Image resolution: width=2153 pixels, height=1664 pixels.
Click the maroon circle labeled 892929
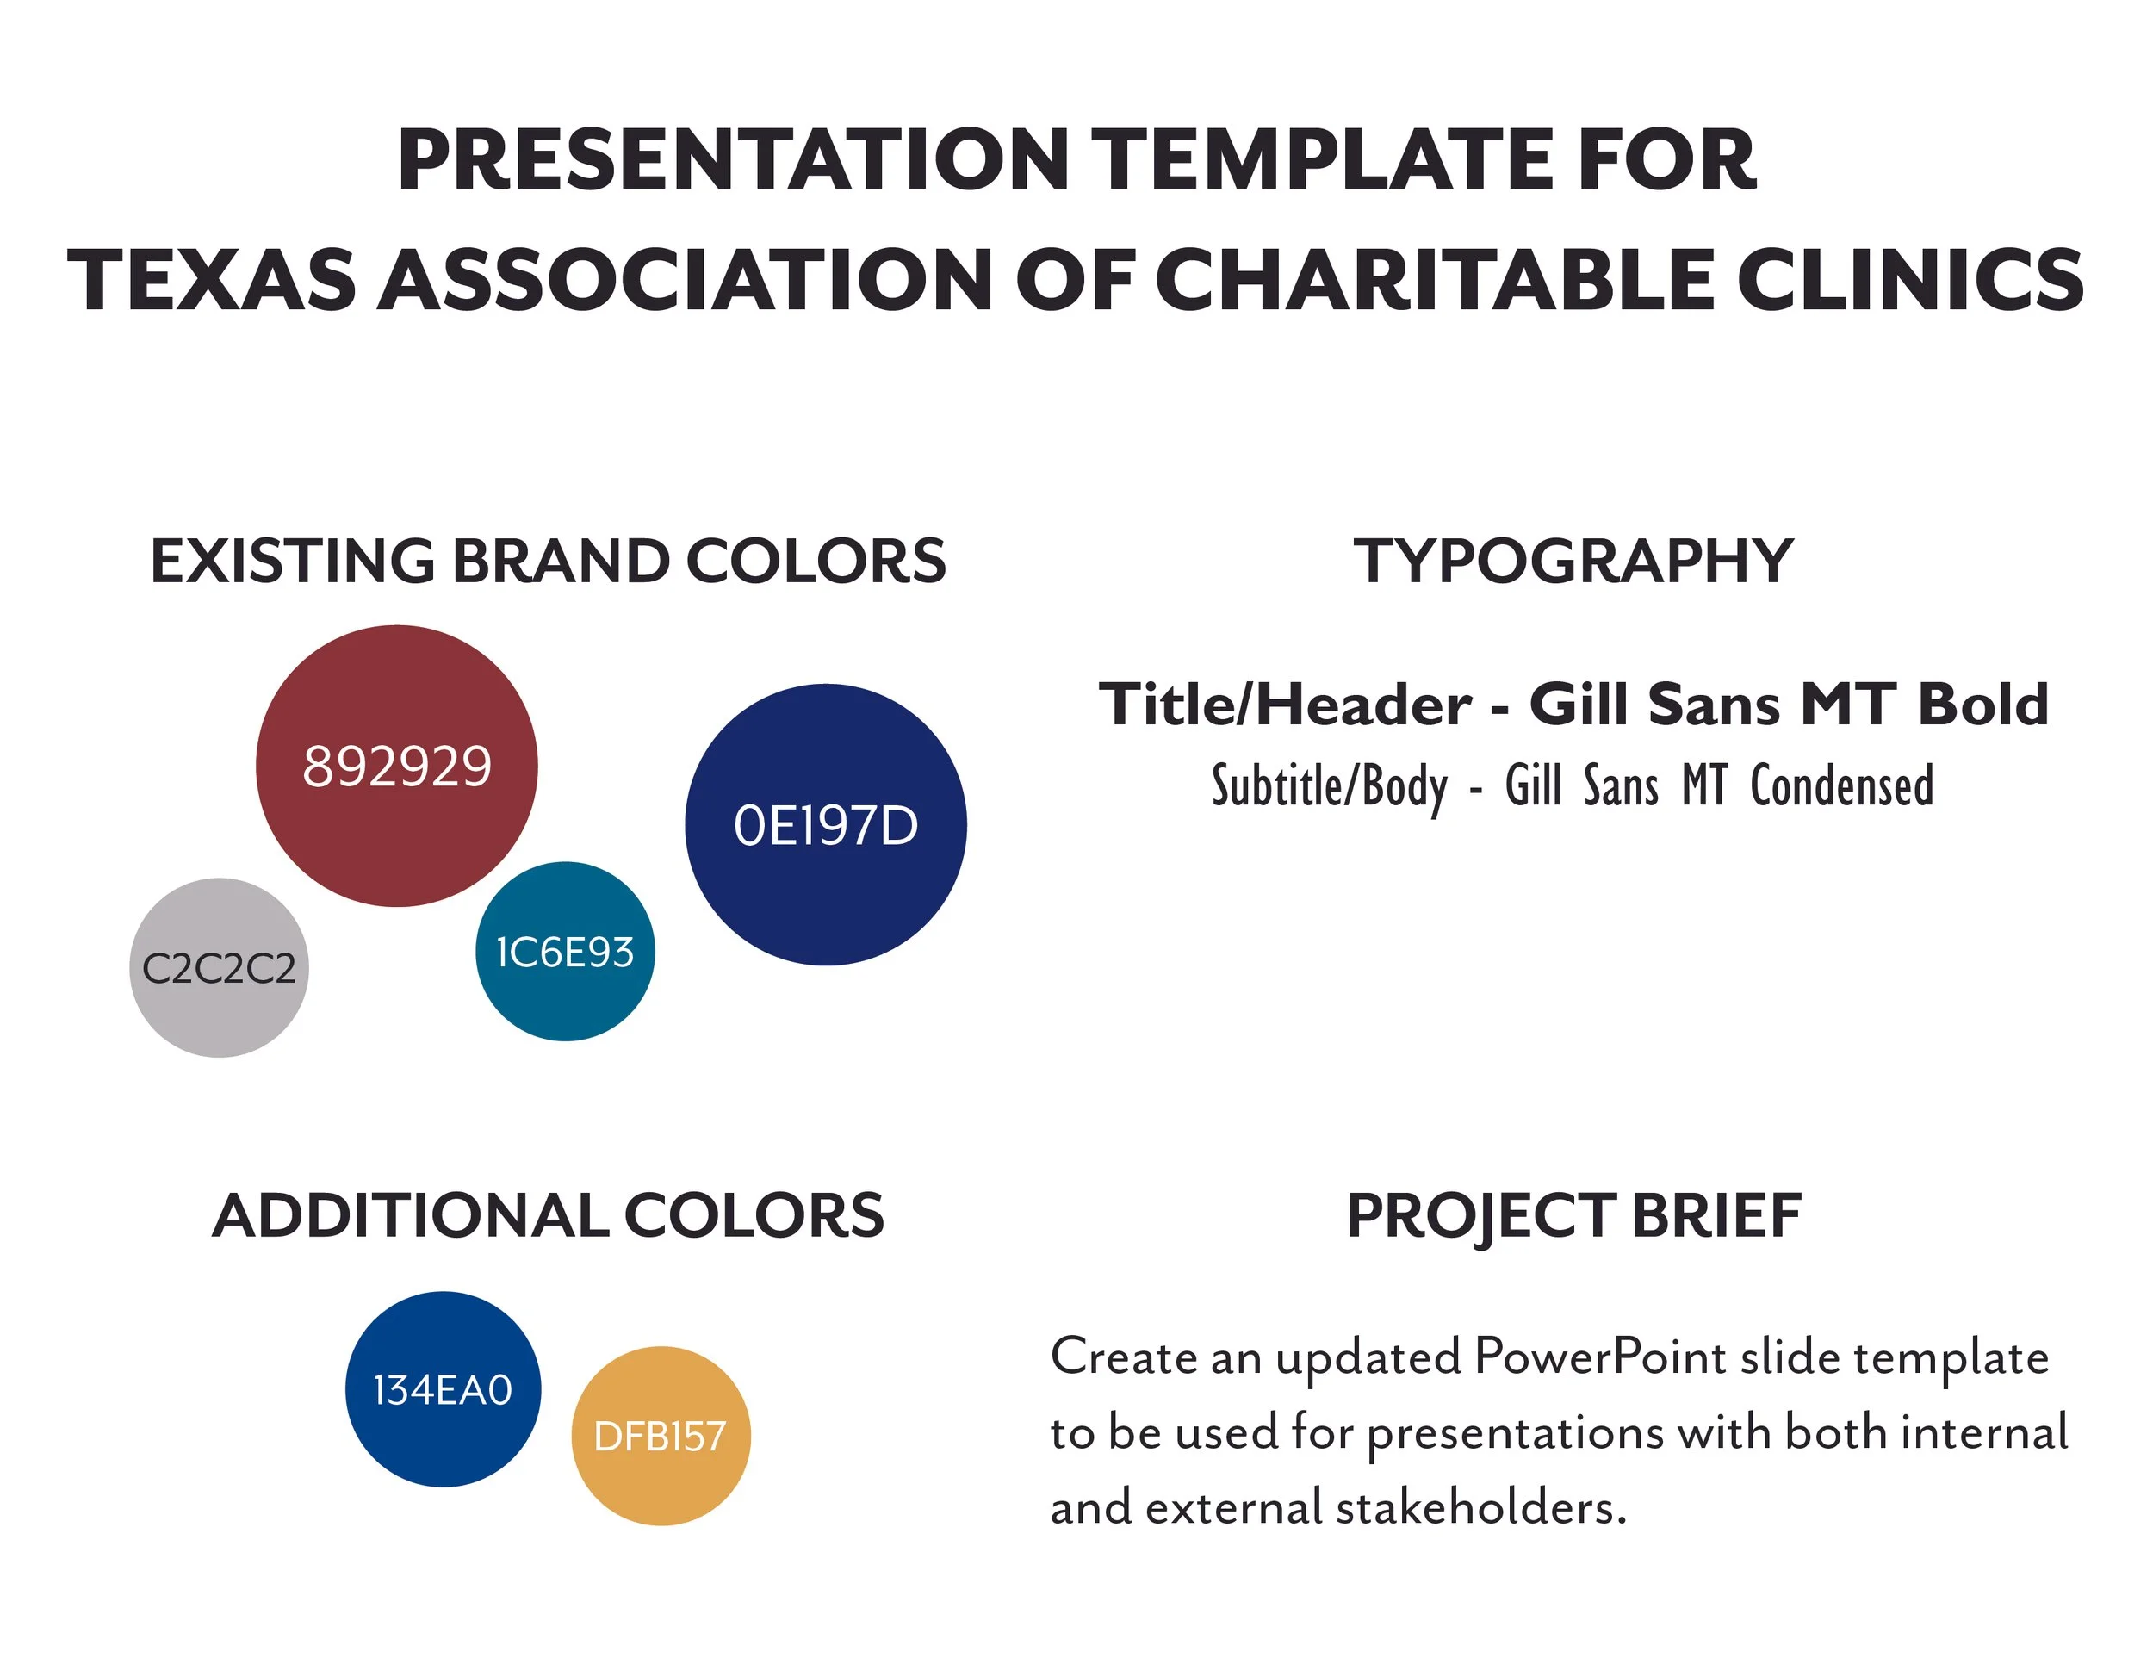(x=396, y=766)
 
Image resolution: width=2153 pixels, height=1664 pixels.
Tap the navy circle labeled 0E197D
(x=825, y=825)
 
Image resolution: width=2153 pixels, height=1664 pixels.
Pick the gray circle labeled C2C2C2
(x=219, y=968)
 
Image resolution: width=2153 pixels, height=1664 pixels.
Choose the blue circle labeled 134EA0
(x=443, y=1389)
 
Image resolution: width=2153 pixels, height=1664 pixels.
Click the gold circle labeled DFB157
(x=661, y=1437)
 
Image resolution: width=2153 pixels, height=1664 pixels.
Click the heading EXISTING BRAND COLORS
(x=547, y=561)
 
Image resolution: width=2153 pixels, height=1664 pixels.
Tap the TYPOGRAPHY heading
(x=1573, y=561)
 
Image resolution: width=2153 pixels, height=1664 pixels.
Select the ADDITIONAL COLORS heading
(x=548, y=1215)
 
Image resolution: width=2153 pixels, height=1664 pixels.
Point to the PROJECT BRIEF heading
(x=1573, y=1215)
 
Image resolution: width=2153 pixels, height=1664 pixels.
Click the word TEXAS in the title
(x=211, y=280)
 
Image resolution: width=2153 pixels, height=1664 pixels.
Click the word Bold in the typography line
(x=1982, y=704)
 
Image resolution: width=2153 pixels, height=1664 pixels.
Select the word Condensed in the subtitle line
(x=1841, y=785)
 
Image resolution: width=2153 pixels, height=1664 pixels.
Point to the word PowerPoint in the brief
(x=1600, y=1357)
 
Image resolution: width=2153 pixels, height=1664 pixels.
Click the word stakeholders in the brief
(x=1480, y=1507)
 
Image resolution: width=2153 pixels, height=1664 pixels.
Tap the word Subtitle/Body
(x=1330, y=785)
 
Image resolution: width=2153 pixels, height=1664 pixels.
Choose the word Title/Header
(x=1286, y=704)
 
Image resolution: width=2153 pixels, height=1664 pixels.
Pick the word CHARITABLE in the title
(x=1435, y=280)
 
